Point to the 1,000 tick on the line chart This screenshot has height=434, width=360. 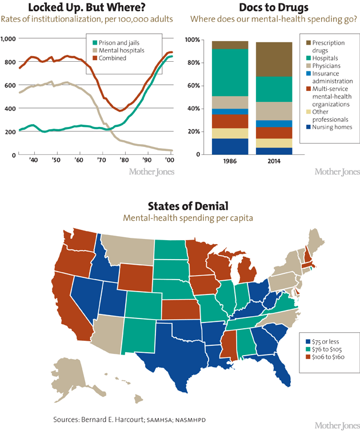click(9, 38)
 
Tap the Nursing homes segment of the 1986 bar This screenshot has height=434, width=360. click(229, 146)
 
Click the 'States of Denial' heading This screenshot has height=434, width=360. click(180, 205)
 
